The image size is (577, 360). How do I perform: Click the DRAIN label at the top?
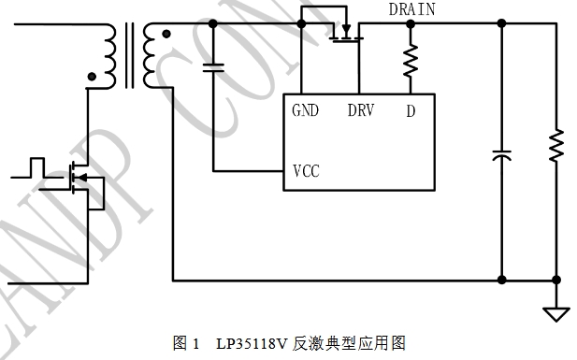tap(411, 9)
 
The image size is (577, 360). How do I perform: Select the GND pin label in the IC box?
tap(305, 110)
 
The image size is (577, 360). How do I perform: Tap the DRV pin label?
tap(361, 110)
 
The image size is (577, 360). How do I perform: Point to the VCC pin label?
tap(306, 171)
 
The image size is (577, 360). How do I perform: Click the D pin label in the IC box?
tap(411, 111)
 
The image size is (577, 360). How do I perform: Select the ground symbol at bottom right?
tap(556, 315)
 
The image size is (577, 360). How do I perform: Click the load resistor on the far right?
tap(556, 145)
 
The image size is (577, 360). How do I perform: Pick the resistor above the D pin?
tap(411, 61)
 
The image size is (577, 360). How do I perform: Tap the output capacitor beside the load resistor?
tap(501, 155)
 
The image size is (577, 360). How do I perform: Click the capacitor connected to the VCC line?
tap(213, 67)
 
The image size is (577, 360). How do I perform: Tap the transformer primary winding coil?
tap(108, 56)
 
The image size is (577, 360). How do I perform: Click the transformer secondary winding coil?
tap(150, 55)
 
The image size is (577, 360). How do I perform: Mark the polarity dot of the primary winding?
tap(92, 77)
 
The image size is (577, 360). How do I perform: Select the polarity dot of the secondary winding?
tap(166, 35)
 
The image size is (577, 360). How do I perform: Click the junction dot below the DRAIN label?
tap(411, 24)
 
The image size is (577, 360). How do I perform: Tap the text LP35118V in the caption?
tap(252, 344)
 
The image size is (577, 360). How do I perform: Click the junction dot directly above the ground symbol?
tap(556, 281)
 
